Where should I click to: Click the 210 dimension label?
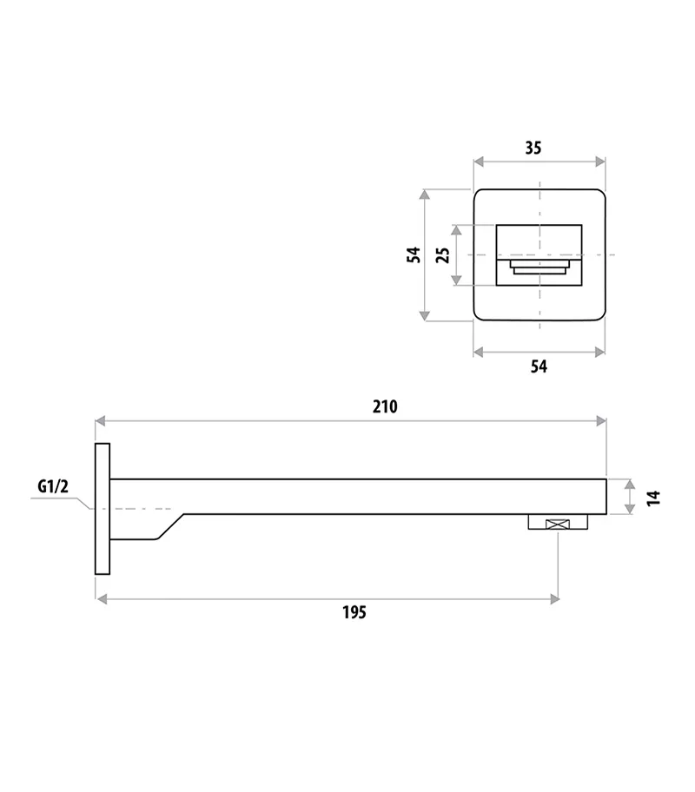(x=385, y=406)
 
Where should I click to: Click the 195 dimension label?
(x=354, y=613)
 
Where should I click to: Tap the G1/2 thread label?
(x=52, y=487)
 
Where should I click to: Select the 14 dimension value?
(x=654, y=497)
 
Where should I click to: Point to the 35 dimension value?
(x=533, y=148)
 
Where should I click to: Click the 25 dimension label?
(x=442, y=254)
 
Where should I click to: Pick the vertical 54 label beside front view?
(x=414, y=254)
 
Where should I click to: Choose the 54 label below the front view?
(x=539, y=366)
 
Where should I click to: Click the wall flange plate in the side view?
(x=103, y=508)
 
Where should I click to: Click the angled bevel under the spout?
(x=169, y=526)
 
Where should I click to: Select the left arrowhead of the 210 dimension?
(x=100, y=421)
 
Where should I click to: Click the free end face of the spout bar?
(x=606, y=496)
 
